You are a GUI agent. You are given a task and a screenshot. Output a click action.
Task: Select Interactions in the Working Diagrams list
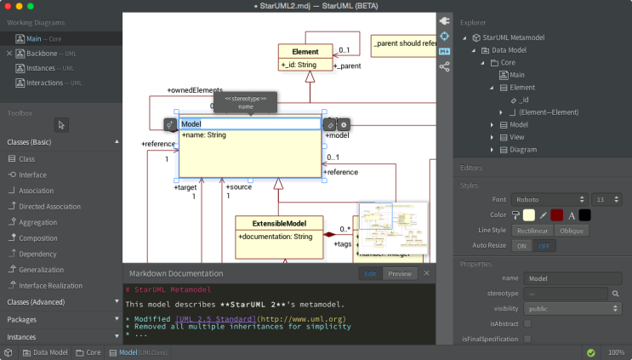[44, 83]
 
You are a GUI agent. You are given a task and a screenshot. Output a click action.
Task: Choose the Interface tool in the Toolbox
[32, 174]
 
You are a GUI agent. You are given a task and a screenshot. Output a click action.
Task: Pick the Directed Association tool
[49, 206]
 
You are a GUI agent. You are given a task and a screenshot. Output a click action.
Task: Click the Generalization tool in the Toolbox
[41, 270]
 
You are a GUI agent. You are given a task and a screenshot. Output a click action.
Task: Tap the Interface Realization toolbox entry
[50, 286]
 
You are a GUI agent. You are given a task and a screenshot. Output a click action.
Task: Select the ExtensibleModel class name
[280, 223]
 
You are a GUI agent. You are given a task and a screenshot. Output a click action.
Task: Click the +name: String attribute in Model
[204, 135]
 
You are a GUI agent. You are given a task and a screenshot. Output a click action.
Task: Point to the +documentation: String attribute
[276, 236]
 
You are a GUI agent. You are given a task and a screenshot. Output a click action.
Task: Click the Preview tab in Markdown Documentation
[399, 274]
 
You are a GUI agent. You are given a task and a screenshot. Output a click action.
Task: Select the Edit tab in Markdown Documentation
[370, 274]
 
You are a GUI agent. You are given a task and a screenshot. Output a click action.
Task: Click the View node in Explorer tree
[516, 137]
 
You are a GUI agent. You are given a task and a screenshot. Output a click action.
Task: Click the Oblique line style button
[572, 230]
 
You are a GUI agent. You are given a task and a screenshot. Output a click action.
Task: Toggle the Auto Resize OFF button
[542, 245]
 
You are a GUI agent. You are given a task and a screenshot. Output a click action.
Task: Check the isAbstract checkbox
[527, 323]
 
